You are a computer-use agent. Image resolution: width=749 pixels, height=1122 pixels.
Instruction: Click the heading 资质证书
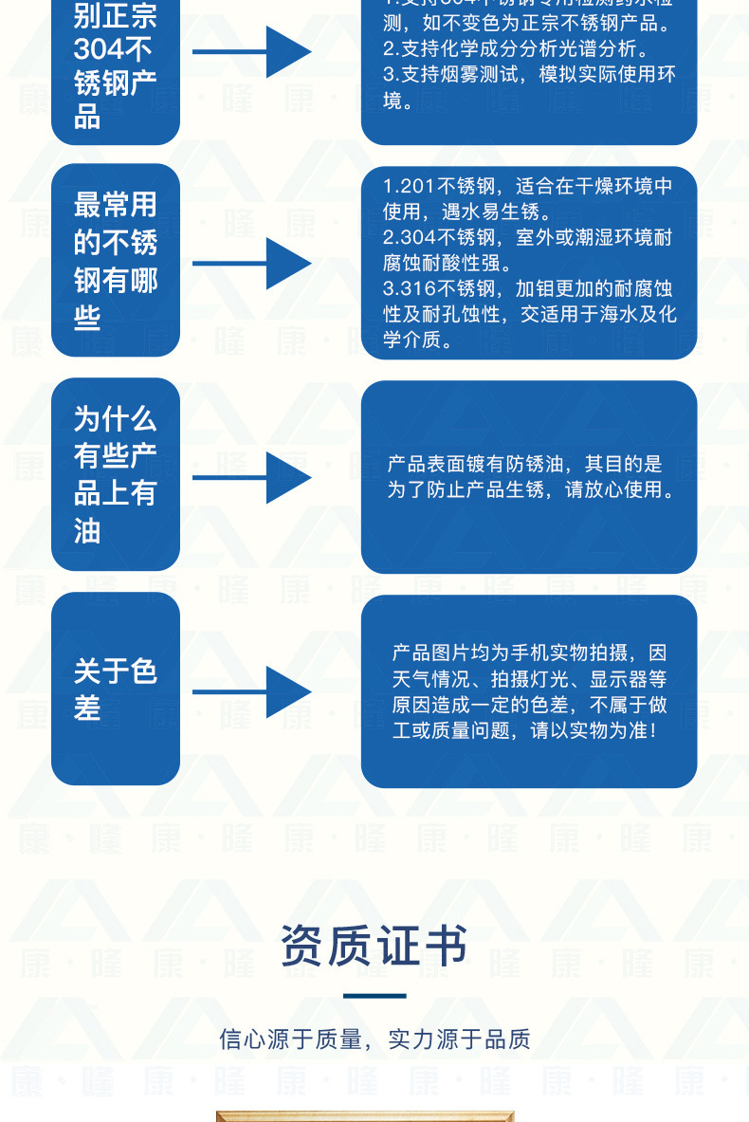[374, 947]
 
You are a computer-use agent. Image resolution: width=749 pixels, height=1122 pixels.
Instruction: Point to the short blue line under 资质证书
[374, 996]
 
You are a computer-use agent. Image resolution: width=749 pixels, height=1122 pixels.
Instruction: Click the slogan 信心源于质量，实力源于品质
[374, 1039]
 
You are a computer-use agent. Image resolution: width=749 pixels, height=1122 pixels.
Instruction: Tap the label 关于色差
[115, 690]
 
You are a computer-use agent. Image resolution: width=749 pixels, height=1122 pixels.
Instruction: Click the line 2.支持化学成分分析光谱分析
[516, 47]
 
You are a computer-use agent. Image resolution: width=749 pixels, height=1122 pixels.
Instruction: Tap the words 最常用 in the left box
[115, 205]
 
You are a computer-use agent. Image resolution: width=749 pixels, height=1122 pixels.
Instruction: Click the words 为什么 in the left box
[115, 418]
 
